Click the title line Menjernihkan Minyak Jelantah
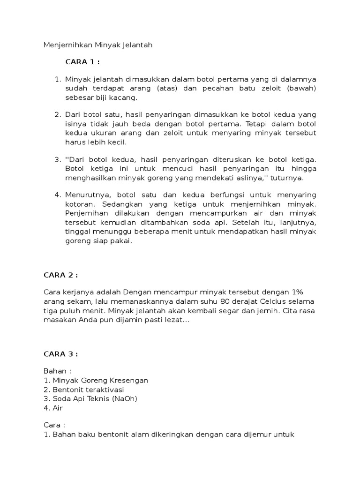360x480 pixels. click(x=98, y=45)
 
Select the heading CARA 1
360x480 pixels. click(x=82, y=62)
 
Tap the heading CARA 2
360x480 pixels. click(x=60, y=275)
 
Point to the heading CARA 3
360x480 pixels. click(x=60, y=354)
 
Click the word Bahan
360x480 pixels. click(x=54, y=371)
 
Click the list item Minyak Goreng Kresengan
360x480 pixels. click(x=96, y=380)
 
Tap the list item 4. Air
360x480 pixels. click(x=53, y=408)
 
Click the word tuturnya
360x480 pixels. click(x=287, y=178)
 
